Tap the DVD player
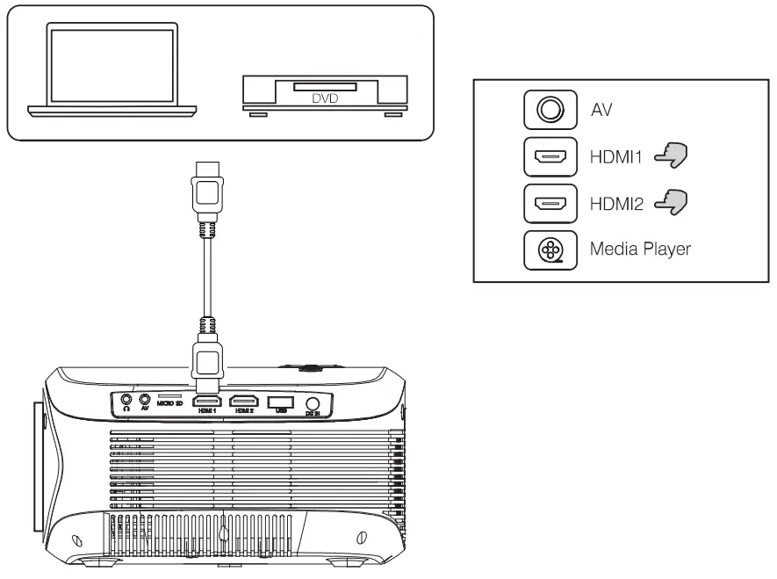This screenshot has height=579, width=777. tap(324, 95)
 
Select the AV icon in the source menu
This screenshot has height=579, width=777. tap(550, 109)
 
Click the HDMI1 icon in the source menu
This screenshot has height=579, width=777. tap(550, 159)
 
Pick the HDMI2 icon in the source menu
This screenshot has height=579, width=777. tap(550, 207)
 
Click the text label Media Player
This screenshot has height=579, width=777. tap(642, 249)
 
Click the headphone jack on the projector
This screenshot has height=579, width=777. tap(127, 401)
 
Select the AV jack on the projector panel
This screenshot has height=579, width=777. tap(145, 401)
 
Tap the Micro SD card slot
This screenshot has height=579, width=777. tap(169, 397)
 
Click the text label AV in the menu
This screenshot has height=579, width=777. tap(607, 109)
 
